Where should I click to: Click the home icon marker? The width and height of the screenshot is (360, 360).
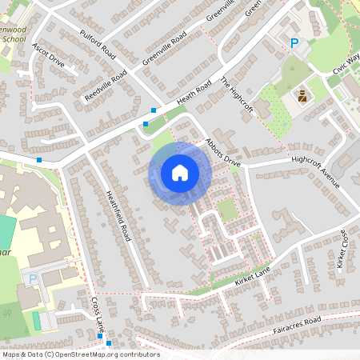coord(180,173)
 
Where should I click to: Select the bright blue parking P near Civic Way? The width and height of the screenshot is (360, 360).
coord(294,43)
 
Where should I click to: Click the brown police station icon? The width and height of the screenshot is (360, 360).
coord(303,96)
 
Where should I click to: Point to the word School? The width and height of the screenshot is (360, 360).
coord(14,38)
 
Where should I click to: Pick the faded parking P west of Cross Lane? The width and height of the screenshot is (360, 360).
coord(33,278)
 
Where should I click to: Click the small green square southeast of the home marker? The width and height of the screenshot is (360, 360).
coord(227,210)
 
